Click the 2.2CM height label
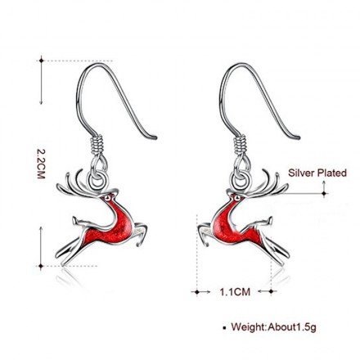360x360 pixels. (x=41, y=164)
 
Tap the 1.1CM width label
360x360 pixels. (x=235, y=292)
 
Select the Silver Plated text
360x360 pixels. (x=317, y=173)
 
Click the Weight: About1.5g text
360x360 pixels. (x=273, y=326)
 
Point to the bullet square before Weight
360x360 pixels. (x=224, y=327)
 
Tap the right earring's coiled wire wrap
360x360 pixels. (x=241, y=144)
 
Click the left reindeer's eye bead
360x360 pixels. (x=108, y=196)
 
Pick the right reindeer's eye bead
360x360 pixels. (x=238, y=197)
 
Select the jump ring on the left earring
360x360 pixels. (x=97, y=180)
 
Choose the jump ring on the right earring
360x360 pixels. (x=241, y=180)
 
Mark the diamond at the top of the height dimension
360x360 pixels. (x=42, y=61)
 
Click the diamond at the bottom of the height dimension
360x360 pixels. (x=41, y=266)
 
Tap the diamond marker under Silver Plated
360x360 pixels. (x=324, y=194)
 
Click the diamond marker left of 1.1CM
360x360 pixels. (x=197, y=292)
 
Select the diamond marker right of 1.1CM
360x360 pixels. (x=271, y=291)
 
